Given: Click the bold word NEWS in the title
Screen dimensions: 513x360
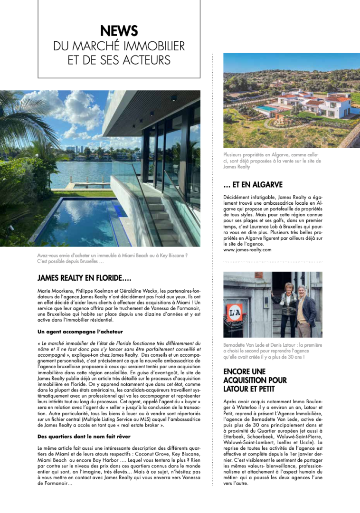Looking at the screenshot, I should (119, 31).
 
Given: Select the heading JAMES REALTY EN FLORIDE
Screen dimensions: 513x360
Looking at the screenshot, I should (81, 278).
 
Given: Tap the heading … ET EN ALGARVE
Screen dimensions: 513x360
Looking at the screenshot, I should (253, 185).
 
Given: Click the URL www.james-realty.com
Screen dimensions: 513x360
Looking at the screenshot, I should (247, 249).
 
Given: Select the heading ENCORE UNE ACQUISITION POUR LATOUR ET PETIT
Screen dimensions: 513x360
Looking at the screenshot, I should (255, 380).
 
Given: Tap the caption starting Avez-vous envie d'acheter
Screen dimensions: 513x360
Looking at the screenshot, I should (112, 258).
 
